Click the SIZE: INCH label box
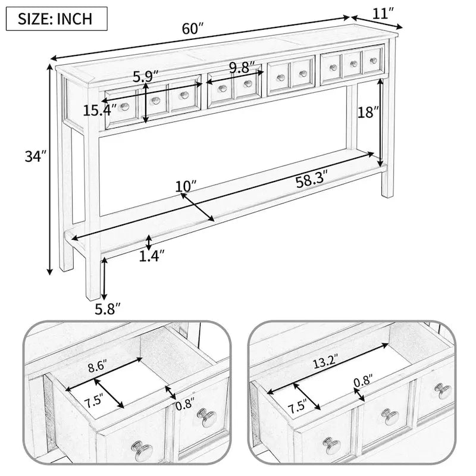point(57,18)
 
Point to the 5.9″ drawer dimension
point(146,77)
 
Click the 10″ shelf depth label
point(186,187)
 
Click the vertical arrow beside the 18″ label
point(379,119)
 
